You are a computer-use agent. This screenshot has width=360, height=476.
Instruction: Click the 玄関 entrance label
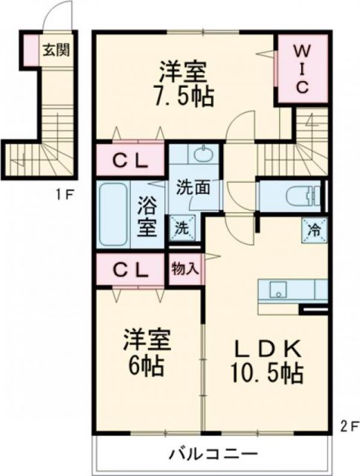(57, 51)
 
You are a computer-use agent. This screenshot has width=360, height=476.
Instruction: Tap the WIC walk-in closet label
(305, 69)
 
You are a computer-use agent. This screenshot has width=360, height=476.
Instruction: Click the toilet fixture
(305, 196)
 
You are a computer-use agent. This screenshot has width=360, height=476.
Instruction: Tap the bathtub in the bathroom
(115, 214)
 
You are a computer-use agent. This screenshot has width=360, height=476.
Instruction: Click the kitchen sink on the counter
(279, 289)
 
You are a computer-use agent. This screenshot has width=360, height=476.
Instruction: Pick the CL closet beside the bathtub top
(129, 160)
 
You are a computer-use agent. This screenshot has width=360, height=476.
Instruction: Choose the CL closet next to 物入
(129, 268)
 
